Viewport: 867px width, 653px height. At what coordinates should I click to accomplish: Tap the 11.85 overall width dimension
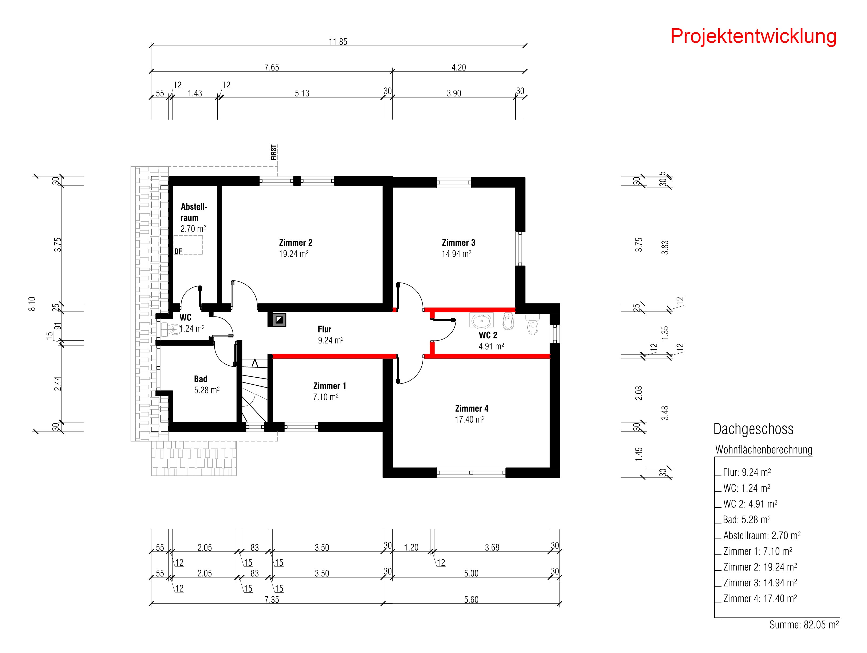(338, 42)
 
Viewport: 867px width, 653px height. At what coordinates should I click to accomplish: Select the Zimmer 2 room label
(296, 243)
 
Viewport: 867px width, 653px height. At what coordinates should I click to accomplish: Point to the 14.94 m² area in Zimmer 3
(457, 254)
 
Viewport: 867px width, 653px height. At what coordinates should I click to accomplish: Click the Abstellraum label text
(194, 212)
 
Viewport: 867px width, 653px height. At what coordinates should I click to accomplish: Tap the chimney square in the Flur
(277, 319)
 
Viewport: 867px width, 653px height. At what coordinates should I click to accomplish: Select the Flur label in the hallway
(324, 329)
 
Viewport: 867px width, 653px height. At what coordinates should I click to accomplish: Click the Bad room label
(201, 379)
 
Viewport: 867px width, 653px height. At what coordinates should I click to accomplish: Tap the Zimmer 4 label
(472, 408)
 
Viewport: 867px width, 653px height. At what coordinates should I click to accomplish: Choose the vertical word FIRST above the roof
(274, 152)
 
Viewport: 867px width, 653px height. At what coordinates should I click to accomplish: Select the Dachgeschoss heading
(753, 429)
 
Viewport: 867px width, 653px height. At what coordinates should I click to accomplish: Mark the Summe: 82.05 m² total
(804, 624)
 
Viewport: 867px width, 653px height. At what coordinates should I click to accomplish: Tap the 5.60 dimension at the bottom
(471, 599)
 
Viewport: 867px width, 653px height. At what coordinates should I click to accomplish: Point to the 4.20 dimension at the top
(458, 67)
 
